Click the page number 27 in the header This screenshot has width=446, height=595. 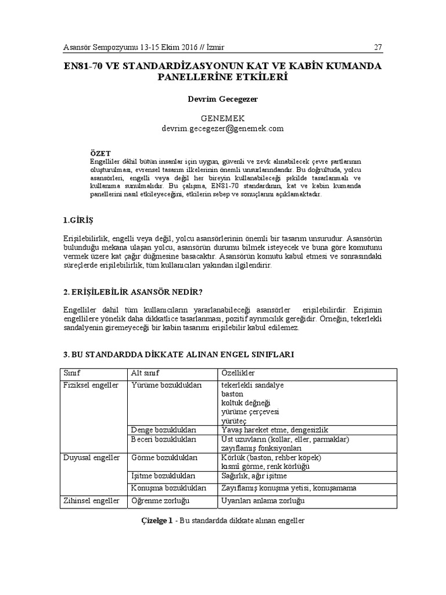(x=378, y=47)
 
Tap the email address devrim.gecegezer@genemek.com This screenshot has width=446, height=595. (x=222, y=128)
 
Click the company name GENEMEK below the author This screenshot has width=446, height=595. (x=222, y=119)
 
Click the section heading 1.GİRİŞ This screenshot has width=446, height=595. (x=78, y=221)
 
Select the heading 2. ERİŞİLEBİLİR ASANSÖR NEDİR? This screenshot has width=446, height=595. (x=132, y=291)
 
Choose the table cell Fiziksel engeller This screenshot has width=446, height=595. (x=91, y=385)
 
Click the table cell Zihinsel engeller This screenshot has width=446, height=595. (x=91, y=500)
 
